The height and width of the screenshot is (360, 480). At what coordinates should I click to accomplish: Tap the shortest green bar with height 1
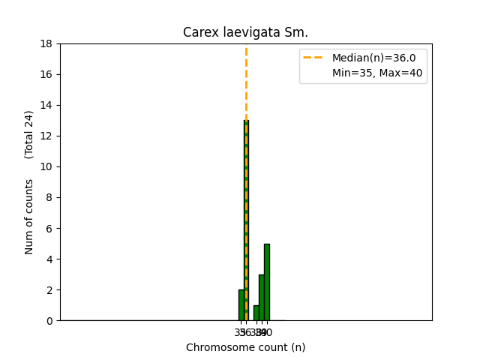point(256,313)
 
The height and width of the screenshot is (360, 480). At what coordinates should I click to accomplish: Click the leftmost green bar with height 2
point(241,305)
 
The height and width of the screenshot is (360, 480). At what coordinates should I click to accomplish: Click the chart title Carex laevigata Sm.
point(245,32)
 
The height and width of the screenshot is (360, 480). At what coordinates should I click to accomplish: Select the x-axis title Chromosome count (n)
point(245,347)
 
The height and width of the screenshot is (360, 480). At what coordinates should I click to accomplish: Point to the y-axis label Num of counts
point(29,216)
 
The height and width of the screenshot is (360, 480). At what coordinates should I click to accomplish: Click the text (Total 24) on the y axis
point(29,134)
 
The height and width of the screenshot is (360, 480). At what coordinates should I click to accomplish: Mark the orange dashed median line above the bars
point(246,82)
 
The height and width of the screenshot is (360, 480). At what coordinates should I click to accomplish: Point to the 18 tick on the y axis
point(46,43)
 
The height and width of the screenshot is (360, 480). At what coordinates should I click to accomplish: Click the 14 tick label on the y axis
point(46,105)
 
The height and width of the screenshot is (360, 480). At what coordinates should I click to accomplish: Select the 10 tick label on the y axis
point(46,166)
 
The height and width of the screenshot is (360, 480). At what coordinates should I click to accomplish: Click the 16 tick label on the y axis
point(46,74)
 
